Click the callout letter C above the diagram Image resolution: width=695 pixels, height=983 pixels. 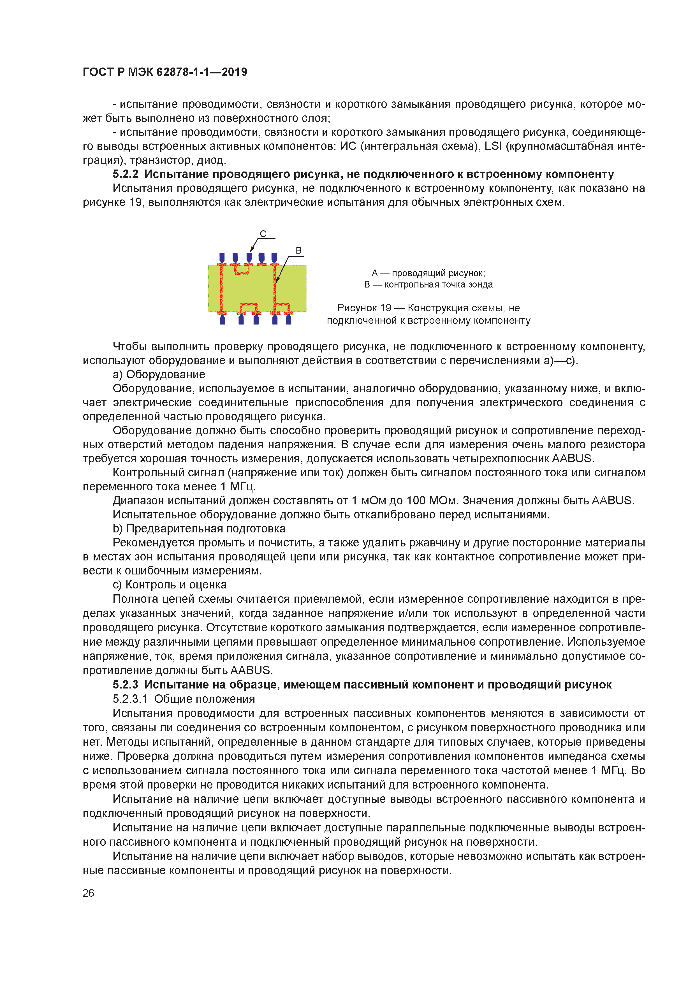click(263, 234)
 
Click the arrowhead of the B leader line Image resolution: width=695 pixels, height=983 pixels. click(277, 281)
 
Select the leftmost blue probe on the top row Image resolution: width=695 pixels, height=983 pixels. click(222, 258)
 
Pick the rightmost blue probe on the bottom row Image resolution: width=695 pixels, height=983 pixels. click(289, 319)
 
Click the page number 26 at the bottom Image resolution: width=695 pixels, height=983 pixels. click(88, 893)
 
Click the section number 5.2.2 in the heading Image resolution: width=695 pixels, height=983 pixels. click(126, 174)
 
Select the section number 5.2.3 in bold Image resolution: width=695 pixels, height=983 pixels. click(126, 685)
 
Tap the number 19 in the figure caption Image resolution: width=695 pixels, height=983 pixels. click(385, 308)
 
